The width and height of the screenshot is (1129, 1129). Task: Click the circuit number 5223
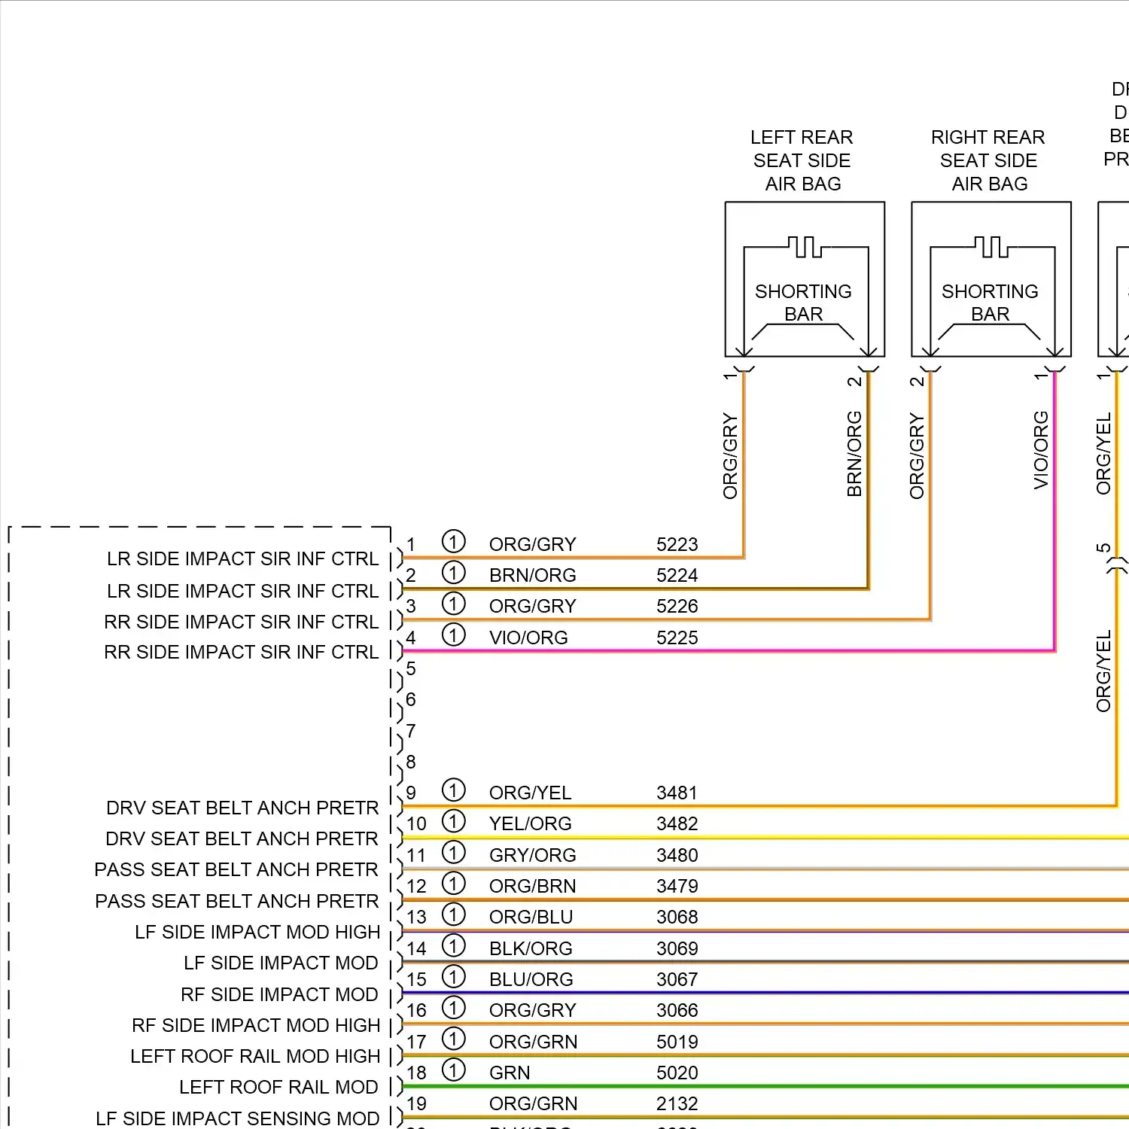click(x=677, y=544)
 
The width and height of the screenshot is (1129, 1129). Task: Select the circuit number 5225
click(x=677, y=638)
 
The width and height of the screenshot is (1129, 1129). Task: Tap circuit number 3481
click(x=677, y=793)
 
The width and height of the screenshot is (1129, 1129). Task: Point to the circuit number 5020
click(x=677, y=1073)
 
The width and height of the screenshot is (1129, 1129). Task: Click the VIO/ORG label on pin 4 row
click(x=528, y=638)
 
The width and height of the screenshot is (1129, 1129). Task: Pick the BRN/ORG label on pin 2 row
click(x=532, y=575)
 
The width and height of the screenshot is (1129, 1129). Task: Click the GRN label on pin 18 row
click(x=510, y=1073)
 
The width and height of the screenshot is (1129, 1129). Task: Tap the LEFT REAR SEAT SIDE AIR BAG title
click(x=802, y=160)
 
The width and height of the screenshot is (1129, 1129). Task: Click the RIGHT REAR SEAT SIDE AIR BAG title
click(x=988, y=160)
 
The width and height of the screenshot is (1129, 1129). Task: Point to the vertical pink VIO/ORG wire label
click(x=1041, y=450)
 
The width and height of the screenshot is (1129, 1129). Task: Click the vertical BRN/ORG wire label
click(x=854, y=453)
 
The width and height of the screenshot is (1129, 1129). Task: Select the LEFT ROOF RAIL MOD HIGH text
click(x=255, y=1056)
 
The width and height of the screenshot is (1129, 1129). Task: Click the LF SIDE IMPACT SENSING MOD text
click(x=237, y=1118)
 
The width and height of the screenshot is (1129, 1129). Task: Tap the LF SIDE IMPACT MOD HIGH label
click(x=257, y=932)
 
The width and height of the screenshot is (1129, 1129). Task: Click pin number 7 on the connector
click(x=411, y=731)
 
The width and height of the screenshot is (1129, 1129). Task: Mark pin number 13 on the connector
click(x=416, y=917)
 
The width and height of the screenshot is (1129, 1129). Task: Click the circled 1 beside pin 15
click(x=453, y=977)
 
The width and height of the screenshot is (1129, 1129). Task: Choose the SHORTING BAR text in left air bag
click(x=803, y=303)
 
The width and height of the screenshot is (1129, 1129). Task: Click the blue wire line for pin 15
click(x=753, y=993)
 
